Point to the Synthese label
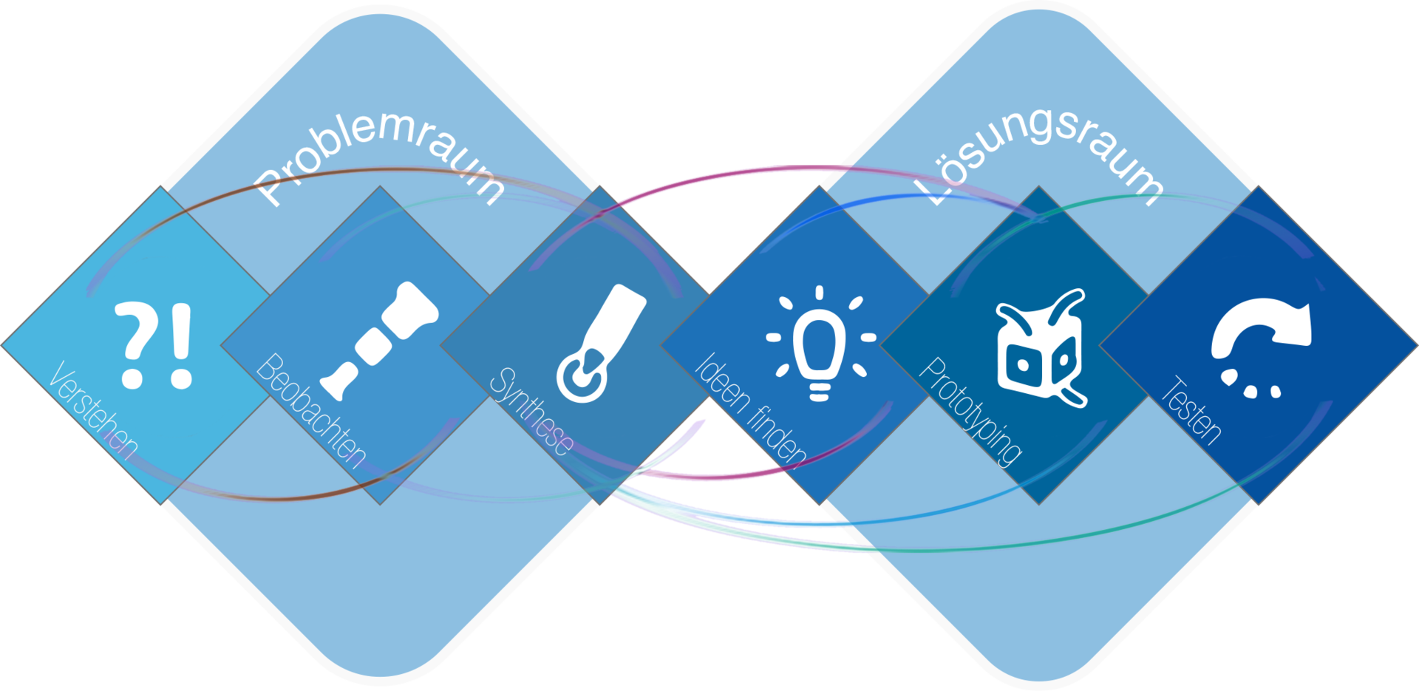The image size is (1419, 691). [x=531, y=411]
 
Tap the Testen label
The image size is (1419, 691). [x=1191, y=411]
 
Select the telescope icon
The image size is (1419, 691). [x=380, y=339]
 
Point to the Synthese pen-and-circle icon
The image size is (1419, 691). [x=600, y=343]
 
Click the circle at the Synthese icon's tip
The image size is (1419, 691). [x=582, y=377]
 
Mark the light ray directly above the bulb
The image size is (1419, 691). [x=820, y=293]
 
